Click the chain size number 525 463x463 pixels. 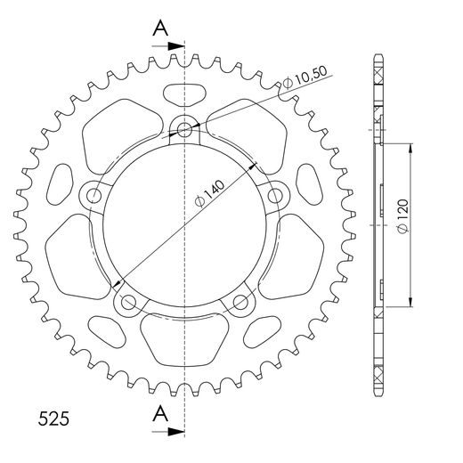click(x=53, y=418)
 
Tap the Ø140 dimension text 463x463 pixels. click(x=209, y=193)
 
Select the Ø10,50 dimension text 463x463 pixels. click(x=305, y=77)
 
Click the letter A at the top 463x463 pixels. click(x=160, y=28)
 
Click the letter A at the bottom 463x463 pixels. click(x=160, y=413)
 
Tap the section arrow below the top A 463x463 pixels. click(x=167, y=46)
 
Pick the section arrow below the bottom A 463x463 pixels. click(x=167, y=432)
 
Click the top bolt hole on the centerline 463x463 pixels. click(x=184, y=129)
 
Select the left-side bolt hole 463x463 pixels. click(x=94, y=195)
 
